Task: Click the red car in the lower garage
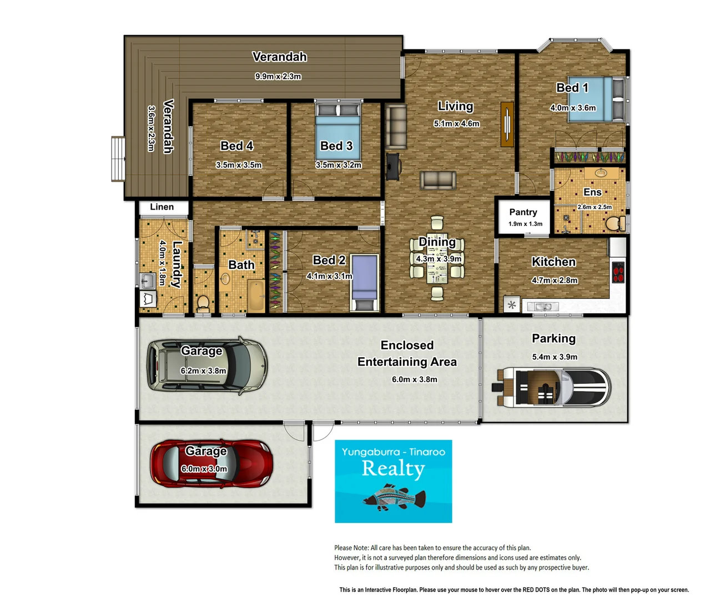point(211,464)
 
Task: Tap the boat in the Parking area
point(551,387)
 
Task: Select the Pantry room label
point(523,212)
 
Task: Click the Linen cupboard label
point(162,207)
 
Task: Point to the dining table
point(437,258)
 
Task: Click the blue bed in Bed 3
point(338,131)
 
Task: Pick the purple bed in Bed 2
point(365,283)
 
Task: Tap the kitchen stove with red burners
point(618,272)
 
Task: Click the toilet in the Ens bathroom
point(615,223)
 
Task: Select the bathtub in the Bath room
point(256,296)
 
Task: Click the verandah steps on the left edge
point(118,159)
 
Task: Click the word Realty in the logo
point(394,469)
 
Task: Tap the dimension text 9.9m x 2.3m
point(278,77)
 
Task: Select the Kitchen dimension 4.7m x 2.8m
point(555,280)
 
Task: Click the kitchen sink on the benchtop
point(543,307)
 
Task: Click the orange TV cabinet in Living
point(507,124)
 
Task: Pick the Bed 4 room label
point(236,146)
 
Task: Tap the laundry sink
point(148,281)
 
